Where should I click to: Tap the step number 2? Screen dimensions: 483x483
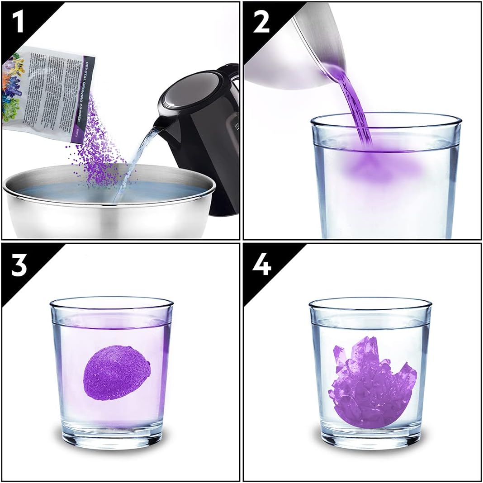coord(261,21)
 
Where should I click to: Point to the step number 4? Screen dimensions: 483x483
coord(261,265)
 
